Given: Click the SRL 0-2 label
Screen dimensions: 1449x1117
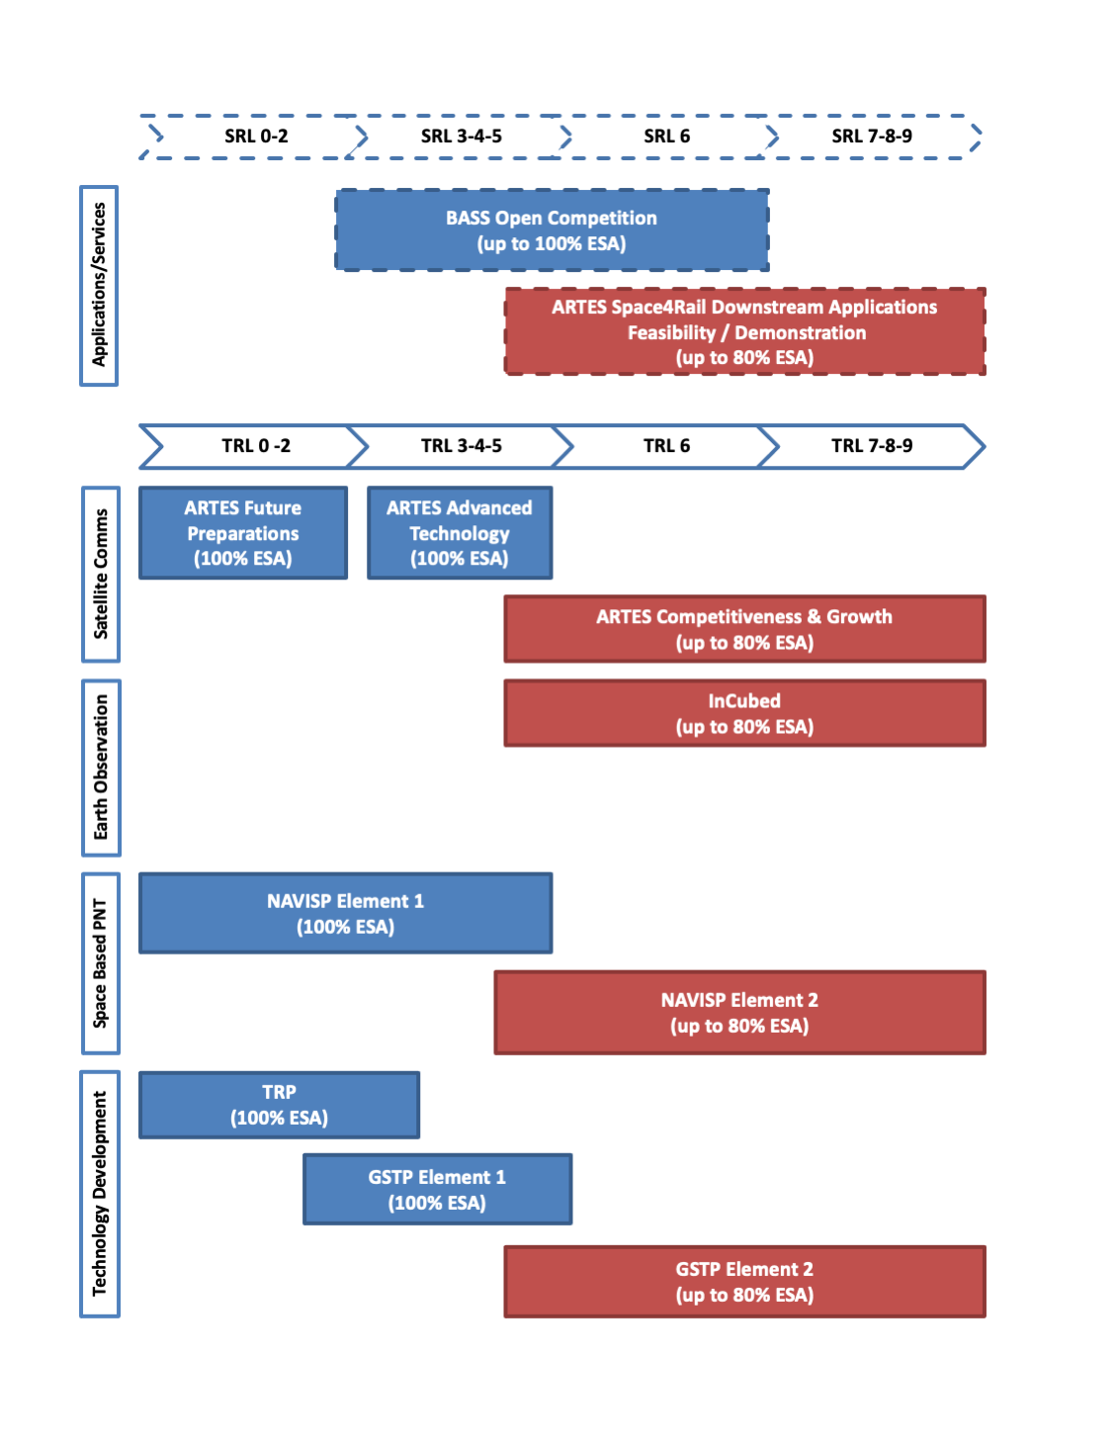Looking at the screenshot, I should point(256,136).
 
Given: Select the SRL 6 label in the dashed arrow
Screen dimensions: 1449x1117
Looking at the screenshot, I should point(666,136).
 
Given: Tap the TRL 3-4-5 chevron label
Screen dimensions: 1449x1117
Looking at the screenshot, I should point(461,446).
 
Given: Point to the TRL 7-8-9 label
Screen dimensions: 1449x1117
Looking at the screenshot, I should point(871,446).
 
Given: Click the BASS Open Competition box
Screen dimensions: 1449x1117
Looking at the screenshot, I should point(552,230).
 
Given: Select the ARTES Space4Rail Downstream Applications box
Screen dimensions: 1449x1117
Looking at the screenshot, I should point(744,332).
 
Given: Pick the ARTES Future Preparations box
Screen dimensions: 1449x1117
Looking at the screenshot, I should point(243,533).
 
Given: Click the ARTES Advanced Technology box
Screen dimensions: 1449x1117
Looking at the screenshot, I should point(460,533).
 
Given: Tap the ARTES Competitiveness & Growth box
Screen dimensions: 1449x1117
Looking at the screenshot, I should point(744,629).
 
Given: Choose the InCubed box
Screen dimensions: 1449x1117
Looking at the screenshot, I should point(744,713).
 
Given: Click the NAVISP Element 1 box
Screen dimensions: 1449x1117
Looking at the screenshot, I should point(345,913).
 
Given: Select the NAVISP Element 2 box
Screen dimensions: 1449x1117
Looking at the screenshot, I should point(739,1013).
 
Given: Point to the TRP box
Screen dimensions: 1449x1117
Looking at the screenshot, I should point(279,1105).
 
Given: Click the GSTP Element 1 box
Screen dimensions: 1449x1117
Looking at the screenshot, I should point(437,1190).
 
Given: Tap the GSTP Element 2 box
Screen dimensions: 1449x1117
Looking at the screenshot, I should point(744,1282).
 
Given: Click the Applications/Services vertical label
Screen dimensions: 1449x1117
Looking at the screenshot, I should point(99,286).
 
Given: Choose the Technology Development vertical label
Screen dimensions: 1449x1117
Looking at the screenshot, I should point(100,1194).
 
